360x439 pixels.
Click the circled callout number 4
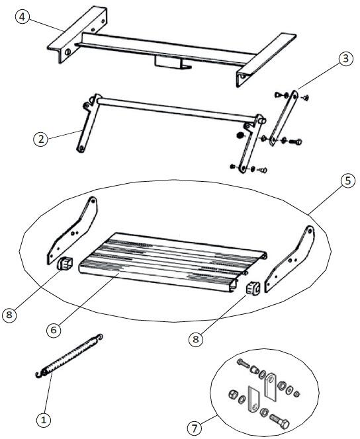(22, 17)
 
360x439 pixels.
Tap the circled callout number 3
(345, 59)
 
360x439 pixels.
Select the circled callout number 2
(41, 139)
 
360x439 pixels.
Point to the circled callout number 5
(347, 180)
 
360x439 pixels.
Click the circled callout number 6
(54, 330)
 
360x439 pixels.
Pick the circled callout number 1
(44, 420)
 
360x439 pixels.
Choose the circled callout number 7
(195, 428)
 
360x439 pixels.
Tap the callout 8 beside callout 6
(9, 315)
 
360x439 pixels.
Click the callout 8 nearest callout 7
(195, 339)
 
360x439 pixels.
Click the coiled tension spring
(69, 356)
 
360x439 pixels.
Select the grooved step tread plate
(172, 262)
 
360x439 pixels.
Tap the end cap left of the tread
(65, 263)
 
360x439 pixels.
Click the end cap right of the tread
(253, 288)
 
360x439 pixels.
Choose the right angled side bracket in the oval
(290, 259)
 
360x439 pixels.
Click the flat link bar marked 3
(283, 118)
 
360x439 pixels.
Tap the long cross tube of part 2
(177, 110)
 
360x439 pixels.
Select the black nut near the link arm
(240, 136)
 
